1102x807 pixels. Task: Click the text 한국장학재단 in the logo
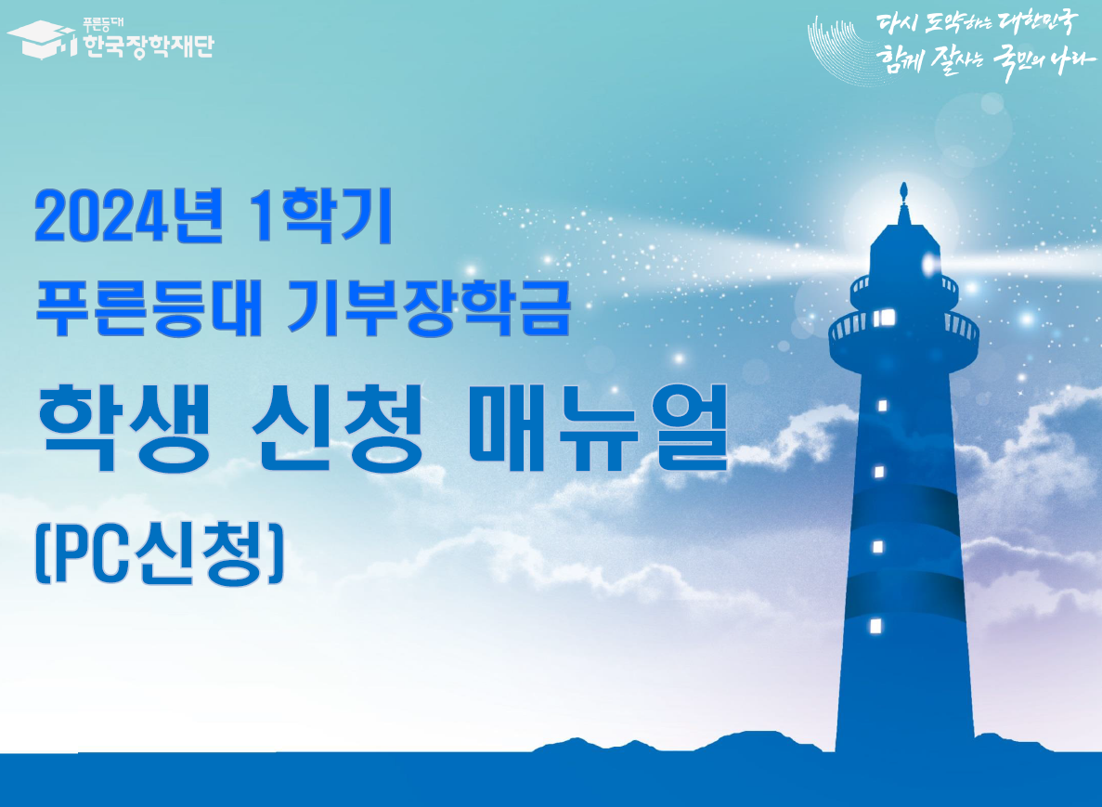[x=148, y=45]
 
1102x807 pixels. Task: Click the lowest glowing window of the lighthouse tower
[x=875, y=625]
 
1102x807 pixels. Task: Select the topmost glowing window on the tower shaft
[x=882, y=406]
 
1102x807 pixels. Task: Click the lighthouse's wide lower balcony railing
[x=903, y=330]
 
